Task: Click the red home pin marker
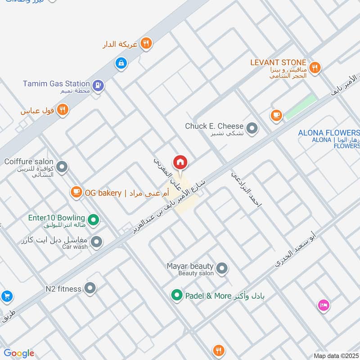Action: (180, 162)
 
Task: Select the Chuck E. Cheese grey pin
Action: (252, 129)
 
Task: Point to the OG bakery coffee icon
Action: (76, 193)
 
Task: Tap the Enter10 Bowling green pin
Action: (93, 220)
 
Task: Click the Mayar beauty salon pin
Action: (221, 269)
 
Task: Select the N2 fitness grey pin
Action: (90, 288)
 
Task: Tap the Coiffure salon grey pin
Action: (62, 167)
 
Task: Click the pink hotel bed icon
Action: (324, 306)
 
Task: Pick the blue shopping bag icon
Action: (121, 63)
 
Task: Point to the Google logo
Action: (19, 353)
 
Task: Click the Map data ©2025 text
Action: (336, 355)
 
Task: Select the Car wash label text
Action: (75, 247)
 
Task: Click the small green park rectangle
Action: (301, 107)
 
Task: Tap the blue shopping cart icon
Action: (6, 296)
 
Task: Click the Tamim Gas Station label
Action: (57, 84)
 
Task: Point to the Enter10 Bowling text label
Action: (57, 218)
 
